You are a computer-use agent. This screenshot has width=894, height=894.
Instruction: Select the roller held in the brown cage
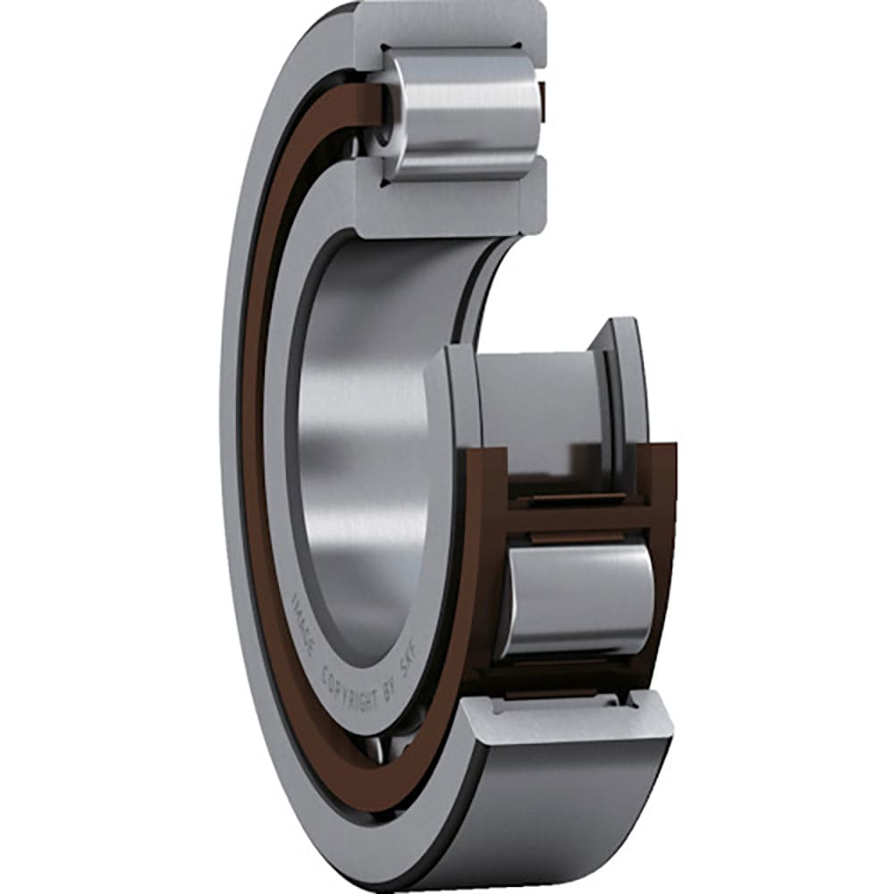coord(577,599)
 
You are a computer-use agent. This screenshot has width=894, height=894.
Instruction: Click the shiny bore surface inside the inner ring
coord(358,402)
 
